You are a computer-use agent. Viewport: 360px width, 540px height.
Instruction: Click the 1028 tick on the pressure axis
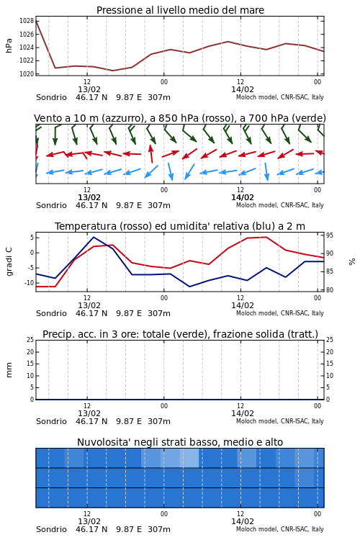(x=27, y=21)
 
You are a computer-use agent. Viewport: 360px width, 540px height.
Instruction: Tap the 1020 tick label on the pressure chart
(x=27, y=74)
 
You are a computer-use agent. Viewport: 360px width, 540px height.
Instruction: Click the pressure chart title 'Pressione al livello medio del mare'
(x=180, y=10)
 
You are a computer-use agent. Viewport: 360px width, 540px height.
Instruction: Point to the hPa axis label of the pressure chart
(x=9, y=45)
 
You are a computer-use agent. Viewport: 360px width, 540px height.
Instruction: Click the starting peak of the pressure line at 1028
(x=36, y=21)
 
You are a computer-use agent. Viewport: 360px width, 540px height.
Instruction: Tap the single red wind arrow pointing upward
(x=151, y=153)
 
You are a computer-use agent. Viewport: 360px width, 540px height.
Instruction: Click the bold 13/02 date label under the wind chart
(x=89, y=198)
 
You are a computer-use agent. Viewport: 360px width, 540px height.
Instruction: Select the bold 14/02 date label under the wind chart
(x=243, y=198)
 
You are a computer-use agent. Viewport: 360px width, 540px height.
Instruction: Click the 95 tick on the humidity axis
(x=330, y=235)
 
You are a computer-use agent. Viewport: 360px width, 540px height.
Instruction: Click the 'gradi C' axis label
(x=9, y=262)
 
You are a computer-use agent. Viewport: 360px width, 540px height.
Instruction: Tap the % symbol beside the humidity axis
(x=352, y=262)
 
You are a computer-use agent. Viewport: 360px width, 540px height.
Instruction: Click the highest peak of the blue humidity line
(x=94, y=237)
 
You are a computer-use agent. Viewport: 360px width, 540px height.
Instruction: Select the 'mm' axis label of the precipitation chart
(x=9, y=370)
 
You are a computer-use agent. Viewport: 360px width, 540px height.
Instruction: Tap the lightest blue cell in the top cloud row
(x=189, y=458)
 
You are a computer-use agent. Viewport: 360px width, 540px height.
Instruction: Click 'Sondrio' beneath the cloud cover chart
(x=51, y=529)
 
